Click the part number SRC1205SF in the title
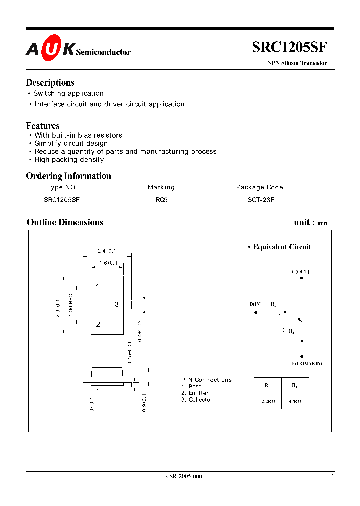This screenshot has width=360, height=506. (289, 47)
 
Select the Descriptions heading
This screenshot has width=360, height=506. (50, 83)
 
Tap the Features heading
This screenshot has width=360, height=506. (42, 126)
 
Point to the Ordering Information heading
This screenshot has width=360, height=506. (68, 176)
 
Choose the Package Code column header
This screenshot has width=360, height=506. (259, 187)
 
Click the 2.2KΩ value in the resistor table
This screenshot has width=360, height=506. (268, 401)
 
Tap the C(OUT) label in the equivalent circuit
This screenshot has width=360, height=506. (300, 272)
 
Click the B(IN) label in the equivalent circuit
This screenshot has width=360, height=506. (256, 304)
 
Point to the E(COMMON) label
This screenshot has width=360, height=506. (307, 363)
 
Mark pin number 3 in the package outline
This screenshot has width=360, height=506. (116, 304)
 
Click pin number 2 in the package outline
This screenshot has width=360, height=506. (98, 324)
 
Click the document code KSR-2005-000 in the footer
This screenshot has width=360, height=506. (183, 477)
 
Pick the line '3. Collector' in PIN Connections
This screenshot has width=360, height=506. (197, 400)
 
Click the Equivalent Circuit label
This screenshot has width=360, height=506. (282, 247)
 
